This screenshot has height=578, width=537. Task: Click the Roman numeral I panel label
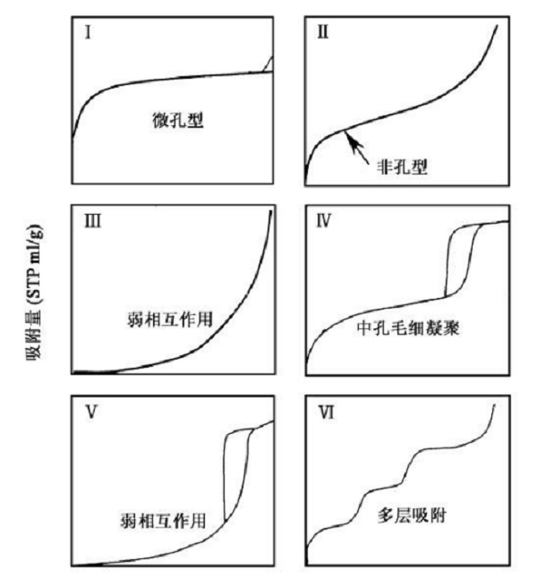click(88, 32)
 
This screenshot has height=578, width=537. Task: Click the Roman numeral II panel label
click(323, 32)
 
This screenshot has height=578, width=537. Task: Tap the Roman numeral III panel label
click(92, 221)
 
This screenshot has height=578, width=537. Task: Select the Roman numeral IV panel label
click(324, 220)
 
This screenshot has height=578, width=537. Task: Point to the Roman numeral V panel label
click(91, 412)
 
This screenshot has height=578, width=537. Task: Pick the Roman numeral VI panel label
click(327, 412)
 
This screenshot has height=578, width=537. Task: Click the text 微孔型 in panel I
click(178, 120)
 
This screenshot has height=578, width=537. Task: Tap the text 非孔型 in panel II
click(402, 167)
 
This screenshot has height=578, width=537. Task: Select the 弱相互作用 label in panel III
click(170, 319)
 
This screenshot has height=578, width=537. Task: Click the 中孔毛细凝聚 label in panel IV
click(408, 327)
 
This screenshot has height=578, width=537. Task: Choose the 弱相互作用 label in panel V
click(163, 521)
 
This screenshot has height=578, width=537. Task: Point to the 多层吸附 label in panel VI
click(412, 515)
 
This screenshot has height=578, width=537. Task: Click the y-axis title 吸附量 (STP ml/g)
click(34, 291)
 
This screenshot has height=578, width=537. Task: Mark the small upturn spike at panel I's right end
click(268, 64)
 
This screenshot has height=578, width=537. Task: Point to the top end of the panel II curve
click(497, 25)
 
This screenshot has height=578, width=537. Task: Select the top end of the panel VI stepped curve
click(494, 404)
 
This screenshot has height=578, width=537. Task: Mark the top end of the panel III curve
click(271, 211)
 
